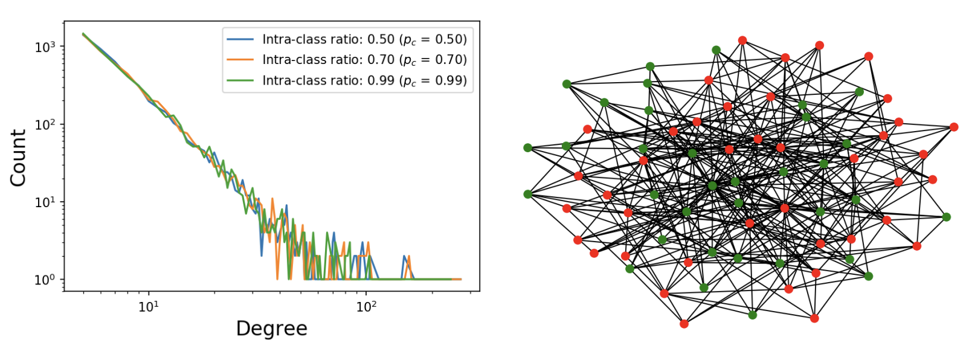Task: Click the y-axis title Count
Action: point(18,158)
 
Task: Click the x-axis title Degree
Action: point(271,329)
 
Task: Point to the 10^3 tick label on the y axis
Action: point(45,47)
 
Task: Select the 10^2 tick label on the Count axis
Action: point(45,124)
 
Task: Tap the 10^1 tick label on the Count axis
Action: point(45,202)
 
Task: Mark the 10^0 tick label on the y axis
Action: point(45,279)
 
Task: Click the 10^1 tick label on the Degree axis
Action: point(149,306)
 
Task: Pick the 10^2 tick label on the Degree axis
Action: point(365,306)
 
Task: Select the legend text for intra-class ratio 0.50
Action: point(364,39)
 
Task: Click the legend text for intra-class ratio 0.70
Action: point(364,60)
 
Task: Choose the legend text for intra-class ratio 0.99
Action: point(364,80)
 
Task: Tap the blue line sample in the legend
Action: point(240,39)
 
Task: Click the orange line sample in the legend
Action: point(240,60)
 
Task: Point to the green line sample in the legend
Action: point(240,80)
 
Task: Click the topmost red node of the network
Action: point(742,40)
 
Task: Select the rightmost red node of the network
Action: point(954,127)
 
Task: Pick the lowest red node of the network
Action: point(684,324)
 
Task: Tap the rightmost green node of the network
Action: point(946,217)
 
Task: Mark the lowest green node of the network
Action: point(752,315)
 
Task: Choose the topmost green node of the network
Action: point(716,50)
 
